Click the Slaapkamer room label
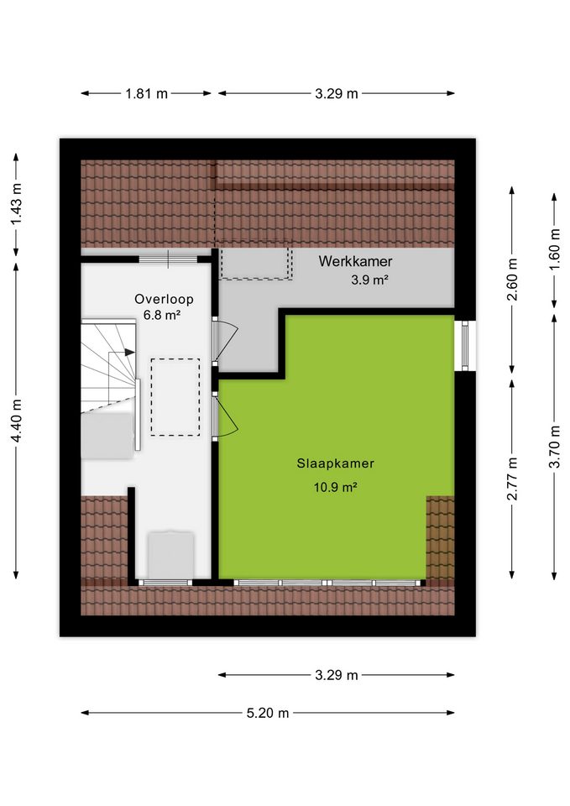pyautogui.click(x=335, y=463)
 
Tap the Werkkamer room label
pyautogui.click(x=355, y=261)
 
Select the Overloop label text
pyautogui.click(x=164, y=299)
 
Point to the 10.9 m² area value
pyautogui.click(x=335, y=486)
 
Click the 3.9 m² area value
pyautogui.click(x=369, y=280)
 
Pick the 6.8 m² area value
pyautogui.click(x=161, y=315)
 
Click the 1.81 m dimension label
pyautogui.click(x=146, y=93)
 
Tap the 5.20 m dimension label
pyautogui.click(x=267, y=713)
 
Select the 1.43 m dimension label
pyautogui.click(x=17, y=204)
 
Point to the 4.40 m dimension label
pyautogui.click(x=17, y=421)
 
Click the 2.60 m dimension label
pyautogui.click(x=512, y=280)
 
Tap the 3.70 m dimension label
pyautogui.click(x=554, y=447)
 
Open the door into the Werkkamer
pyautogui.click(x=224, y=340)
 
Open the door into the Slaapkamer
pyautogui.click(x=224, y=416)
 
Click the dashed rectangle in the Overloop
pyautogui.click(x=175, y=397)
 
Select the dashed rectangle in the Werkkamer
pyautogui.click(x=256, y=260)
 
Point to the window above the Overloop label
pyautogui.click(x=168, y=259)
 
